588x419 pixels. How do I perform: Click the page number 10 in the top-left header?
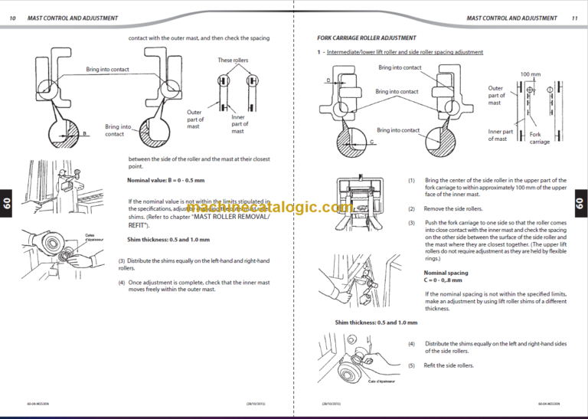point(12,18)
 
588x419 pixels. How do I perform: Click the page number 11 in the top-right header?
point(574,18)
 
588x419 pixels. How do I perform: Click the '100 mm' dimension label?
point(530,74)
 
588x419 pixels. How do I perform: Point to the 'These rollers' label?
point(233,61)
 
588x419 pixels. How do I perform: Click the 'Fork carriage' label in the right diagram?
point(540,138)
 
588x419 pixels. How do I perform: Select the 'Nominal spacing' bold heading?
point(446,273)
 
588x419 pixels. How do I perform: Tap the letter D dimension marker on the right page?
point(328,80)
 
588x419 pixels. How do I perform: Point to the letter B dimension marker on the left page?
point(84,134)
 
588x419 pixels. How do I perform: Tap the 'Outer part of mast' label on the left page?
point(194,119)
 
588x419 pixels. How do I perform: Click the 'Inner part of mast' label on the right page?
point(501,135)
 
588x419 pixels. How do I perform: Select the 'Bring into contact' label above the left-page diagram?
point(107,70)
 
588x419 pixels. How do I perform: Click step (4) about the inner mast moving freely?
point(195,286)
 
